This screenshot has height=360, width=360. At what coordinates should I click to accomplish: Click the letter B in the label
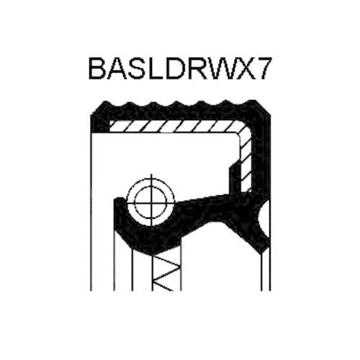[x=98, y=68]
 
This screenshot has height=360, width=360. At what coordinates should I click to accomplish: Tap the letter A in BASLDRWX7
[x=117, y=68]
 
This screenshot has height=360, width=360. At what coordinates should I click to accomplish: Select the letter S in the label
[x=137, y=68]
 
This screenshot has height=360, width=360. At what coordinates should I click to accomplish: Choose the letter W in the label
[x=220, y=68]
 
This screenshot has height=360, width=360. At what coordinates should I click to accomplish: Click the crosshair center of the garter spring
[x=151, y=202]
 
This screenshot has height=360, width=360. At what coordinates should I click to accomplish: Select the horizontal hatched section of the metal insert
[x=178, y=126]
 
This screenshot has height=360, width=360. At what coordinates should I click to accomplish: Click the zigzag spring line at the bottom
[x=166, y=271]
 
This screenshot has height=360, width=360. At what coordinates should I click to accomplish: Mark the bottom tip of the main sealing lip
[x=153, y=253]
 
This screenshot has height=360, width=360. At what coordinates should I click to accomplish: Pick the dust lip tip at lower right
[x=264, y=251]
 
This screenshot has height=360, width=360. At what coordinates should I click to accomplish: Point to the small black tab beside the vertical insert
[x=234, y=178]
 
